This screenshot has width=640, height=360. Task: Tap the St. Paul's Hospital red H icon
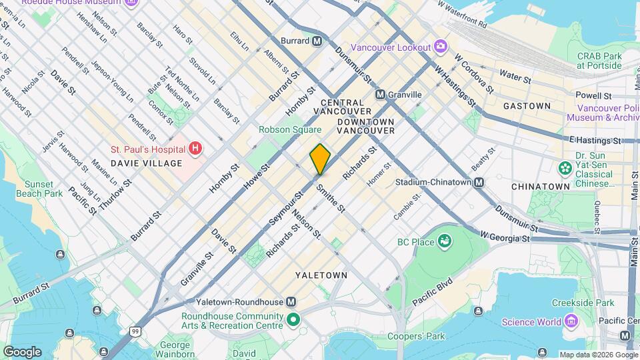(195, 147)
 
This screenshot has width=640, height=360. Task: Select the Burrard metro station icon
(317, 41)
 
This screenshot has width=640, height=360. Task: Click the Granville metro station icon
(381, 95)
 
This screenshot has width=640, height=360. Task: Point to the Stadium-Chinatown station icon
(479, 182)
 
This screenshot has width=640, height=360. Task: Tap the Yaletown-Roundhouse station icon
(291, 301)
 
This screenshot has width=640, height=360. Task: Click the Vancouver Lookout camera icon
(440, 46)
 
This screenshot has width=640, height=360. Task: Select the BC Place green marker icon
(445, 242)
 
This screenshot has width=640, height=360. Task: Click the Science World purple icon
(570, 322)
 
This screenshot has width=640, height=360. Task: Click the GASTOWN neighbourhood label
(527, 106)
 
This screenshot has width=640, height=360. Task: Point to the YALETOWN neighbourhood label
(322, 275)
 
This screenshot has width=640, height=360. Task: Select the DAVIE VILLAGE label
(146, 163)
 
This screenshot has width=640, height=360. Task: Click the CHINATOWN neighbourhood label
(540, 187)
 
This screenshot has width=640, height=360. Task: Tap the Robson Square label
(290, 129)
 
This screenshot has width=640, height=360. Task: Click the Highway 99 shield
(136, 331)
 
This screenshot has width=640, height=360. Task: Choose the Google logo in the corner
(22, 351)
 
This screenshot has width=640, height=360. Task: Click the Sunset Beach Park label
(43, 189)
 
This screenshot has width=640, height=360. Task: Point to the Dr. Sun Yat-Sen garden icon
(565, 166)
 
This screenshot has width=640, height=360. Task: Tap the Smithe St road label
(331, 199)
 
